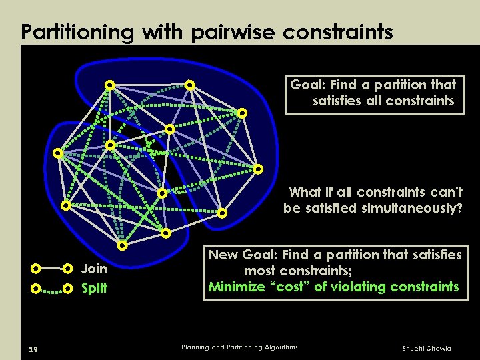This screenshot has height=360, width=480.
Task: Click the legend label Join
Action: pos(93,269)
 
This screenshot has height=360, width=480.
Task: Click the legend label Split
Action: pos(94,289)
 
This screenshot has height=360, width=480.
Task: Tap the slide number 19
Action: pos(25,348)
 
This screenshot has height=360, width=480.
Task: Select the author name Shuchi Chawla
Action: pos(426,348)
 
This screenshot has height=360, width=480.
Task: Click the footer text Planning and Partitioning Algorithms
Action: pos(239,347)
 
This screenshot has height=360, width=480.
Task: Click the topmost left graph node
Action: pos(109,85)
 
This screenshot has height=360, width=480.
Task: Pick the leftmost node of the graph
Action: pos(57,153)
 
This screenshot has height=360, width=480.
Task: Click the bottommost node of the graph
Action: pos(123,245)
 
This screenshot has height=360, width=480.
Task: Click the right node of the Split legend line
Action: pos(67,289)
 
